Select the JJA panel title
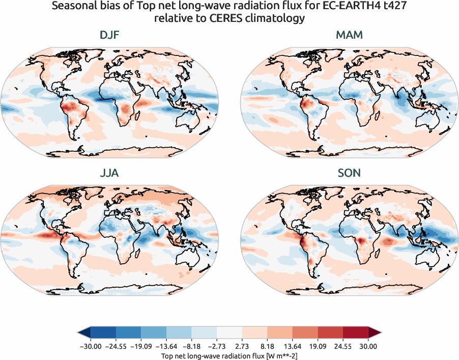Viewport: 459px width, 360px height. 109,173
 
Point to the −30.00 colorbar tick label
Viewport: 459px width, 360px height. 90,346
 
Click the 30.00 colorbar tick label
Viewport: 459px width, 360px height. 368,346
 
